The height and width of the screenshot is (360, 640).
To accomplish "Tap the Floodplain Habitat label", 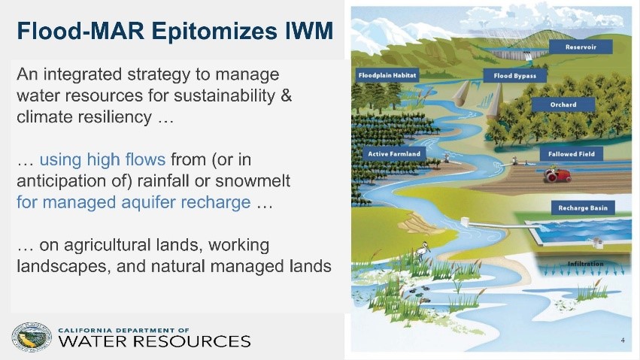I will [x=387, y=76].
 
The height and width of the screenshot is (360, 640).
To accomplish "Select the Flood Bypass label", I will [x=513, y=76].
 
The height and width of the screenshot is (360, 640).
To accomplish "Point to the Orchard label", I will [x=563, y=104].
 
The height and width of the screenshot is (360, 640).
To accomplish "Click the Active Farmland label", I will [x=393, y=153].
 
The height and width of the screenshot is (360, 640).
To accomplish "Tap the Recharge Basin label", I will [x=582, y=207].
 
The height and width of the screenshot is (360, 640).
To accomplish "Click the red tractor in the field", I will [x=557, y=174].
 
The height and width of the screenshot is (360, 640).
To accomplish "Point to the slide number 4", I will [x=623, y=340].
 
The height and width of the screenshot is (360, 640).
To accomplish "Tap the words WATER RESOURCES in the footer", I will [x=154, y=341].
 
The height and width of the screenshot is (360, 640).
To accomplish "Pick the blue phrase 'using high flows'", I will [x=102, y=159].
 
